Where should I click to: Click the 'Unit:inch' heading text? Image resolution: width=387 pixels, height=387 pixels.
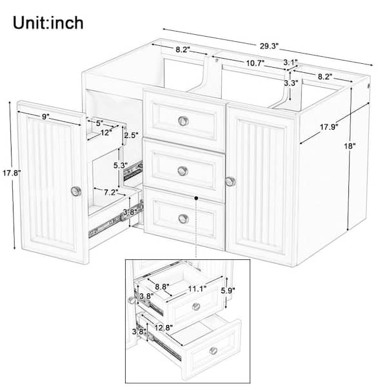[48, 23]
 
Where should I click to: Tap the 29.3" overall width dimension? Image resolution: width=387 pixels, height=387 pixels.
[269, 46]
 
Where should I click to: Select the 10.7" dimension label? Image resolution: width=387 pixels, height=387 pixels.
[255, 63]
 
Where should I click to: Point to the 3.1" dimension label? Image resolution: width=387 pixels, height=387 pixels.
[290, 62]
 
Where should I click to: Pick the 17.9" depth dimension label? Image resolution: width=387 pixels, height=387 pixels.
[329, 127]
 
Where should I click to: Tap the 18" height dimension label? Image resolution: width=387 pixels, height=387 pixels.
[350, 146]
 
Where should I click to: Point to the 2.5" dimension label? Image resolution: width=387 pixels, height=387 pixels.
[132, 135]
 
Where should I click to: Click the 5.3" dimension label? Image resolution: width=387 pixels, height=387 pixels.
[121, 165]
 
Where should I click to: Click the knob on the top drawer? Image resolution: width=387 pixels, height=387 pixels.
[183, 121]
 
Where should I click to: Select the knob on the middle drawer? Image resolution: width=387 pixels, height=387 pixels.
[183, 171]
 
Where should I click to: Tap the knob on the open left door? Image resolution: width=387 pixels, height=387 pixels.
[76, 192]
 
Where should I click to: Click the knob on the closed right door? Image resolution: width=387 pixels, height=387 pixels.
[230, 182]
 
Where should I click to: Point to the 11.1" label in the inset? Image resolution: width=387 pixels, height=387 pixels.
[197, 289]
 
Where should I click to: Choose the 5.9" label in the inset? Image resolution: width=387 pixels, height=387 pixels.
[228, 291]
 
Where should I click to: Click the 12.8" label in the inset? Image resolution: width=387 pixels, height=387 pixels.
[164, 328]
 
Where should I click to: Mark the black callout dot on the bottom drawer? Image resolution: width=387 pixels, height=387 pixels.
[196, 198]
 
